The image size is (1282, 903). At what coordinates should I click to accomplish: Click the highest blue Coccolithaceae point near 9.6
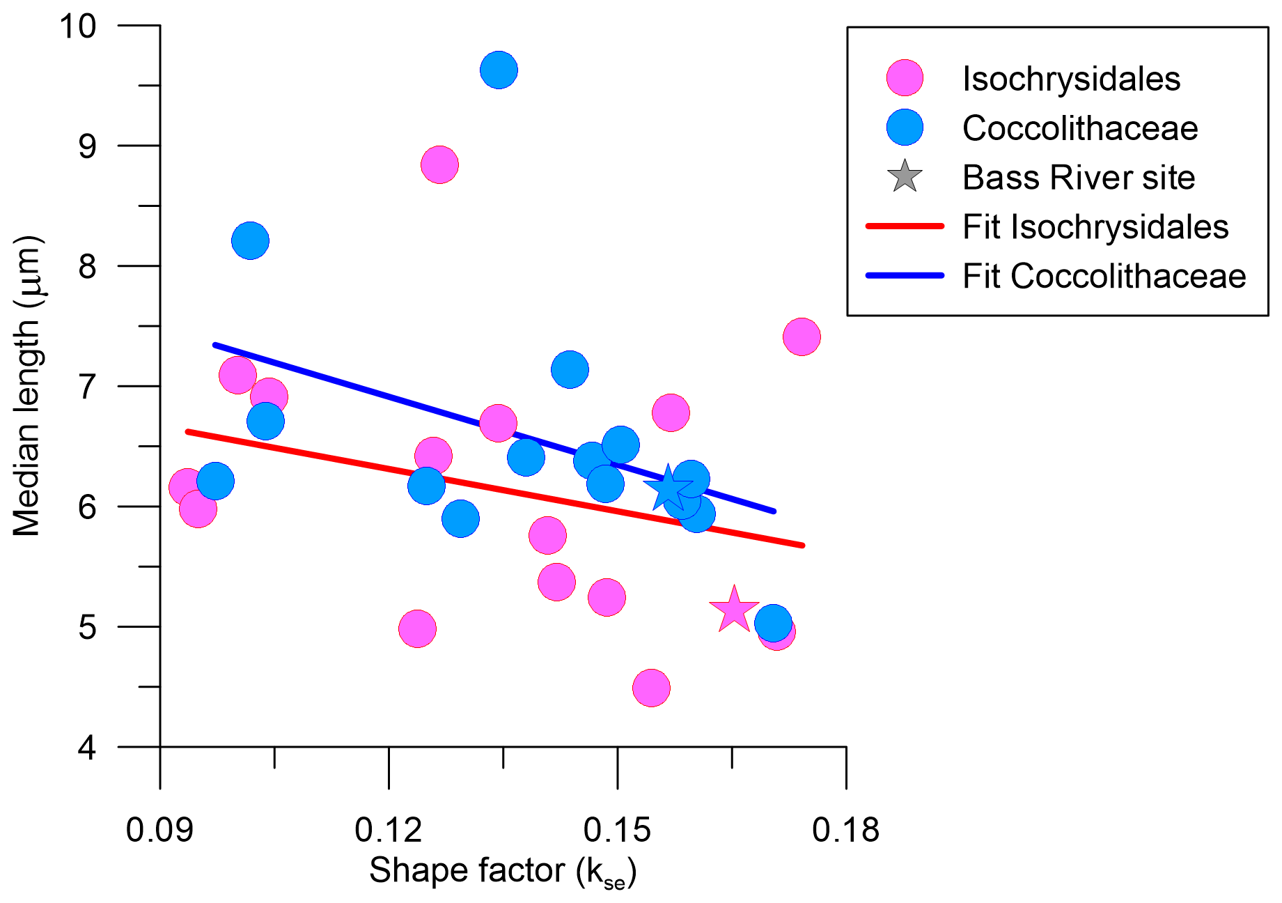[499, 70]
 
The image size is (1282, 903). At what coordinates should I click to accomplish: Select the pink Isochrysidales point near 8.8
[439, 165]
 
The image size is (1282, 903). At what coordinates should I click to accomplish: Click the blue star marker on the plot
[668, 489]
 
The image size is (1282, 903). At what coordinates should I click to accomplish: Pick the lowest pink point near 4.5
[651, 688]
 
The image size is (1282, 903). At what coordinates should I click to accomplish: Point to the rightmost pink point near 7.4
[802, 337]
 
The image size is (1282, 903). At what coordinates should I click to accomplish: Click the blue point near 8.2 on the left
[250, 241]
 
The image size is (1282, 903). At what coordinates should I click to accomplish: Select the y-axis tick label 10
[77, 26]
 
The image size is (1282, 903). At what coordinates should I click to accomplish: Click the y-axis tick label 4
[87, 748]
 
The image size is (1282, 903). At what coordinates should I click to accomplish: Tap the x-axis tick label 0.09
[159, 830]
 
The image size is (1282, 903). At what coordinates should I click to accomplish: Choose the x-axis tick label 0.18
[845, 830]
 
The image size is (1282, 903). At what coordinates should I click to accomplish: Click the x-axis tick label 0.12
[388, 830]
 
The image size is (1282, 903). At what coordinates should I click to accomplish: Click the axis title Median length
[28, 386]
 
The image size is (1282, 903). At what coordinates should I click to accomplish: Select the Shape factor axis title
[503, 871]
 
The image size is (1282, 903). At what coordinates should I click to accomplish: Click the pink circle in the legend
[905, 78]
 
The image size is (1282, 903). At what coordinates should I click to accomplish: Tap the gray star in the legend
[905, 177]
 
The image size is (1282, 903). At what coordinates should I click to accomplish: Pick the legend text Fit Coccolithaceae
[1104, 276]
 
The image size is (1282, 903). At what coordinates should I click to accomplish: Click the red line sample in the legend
[905, 226]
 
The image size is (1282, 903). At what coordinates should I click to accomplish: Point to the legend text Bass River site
[1079, 177]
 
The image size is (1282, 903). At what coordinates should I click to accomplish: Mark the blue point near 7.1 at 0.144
[570, 369]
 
